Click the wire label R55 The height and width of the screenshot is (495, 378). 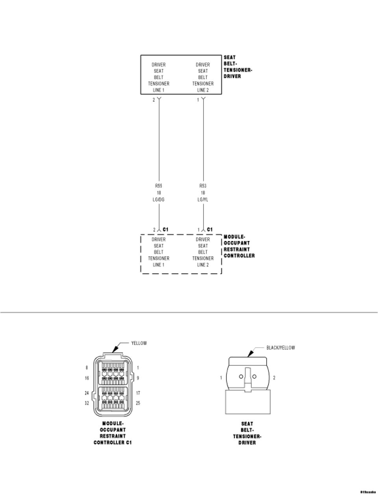coord(159,185)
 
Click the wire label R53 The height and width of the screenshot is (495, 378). coord(203,185)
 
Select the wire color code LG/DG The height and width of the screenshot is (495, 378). coord(159,200)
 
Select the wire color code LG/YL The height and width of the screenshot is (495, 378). coord(203,200)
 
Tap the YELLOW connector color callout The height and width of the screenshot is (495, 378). coord(139,343)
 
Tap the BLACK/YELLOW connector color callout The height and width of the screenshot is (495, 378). coord(280,348)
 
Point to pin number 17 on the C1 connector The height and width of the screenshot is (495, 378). coord(138,393)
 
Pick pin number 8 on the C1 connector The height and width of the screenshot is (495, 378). coord(87,368)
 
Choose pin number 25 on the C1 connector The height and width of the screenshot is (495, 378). coord(138,403)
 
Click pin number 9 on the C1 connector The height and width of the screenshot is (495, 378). coord(138,378)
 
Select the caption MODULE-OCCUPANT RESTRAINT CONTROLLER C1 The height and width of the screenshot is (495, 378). coord(113,433)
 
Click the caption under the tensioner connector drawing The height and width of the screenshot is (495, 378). coord(247,433)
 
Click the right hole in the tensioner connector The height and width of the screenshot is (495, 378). coord(254,376)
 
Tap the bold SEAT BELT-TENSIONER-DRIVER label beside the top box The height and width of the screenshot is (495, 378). coord(238,67)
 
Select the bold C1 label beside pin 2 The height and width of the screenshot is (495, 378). coord(165,229)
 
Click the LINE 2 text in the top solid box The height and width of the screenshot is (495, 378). coord(203,90)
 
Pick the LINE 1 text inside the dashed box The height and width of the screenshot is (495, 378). coord(159,265)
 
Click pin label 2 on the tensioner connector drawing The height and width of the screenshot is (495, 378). coord(274,378)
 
